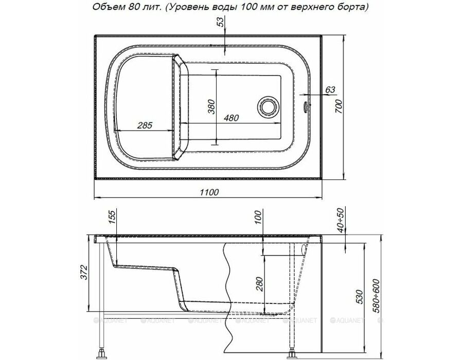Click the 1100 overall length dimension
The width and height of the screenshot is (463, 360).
pos(209,192)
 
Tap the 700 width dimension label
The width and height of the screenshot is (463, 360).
pos(339,106)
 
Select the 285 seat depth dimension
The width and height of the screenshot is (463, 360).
pos(145,125)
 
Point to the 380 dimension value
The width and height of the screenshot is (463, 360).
pos(211,107)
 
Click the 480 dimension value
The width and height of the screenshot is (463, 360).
pos(231,118)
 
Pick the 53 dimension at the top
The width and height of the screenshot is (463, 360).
pos(221,22)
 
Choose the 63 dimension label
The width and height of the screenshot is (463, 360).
pos(330,89)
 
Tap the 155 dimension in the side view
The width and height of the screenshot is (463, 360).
pos(113,217)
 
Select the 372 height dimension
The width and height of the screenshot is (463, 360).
pos(84,272)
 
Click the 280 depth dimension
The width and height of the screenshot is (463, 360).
pos(259,284)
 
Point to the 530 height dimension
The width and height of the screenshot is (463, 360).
pos(359,297)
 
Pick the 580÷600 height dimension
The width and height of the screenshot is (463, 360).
pos(376,296)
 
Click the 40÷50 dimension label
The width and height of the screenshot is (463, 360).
pos(341,220)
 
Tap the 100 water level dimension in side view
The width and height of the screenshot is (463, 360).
pos(258,217)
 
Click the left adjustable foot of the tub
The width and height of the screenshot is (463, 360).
pos(102,352)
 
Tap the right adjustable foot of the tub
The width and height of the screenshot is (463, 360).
pos(292,353)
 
